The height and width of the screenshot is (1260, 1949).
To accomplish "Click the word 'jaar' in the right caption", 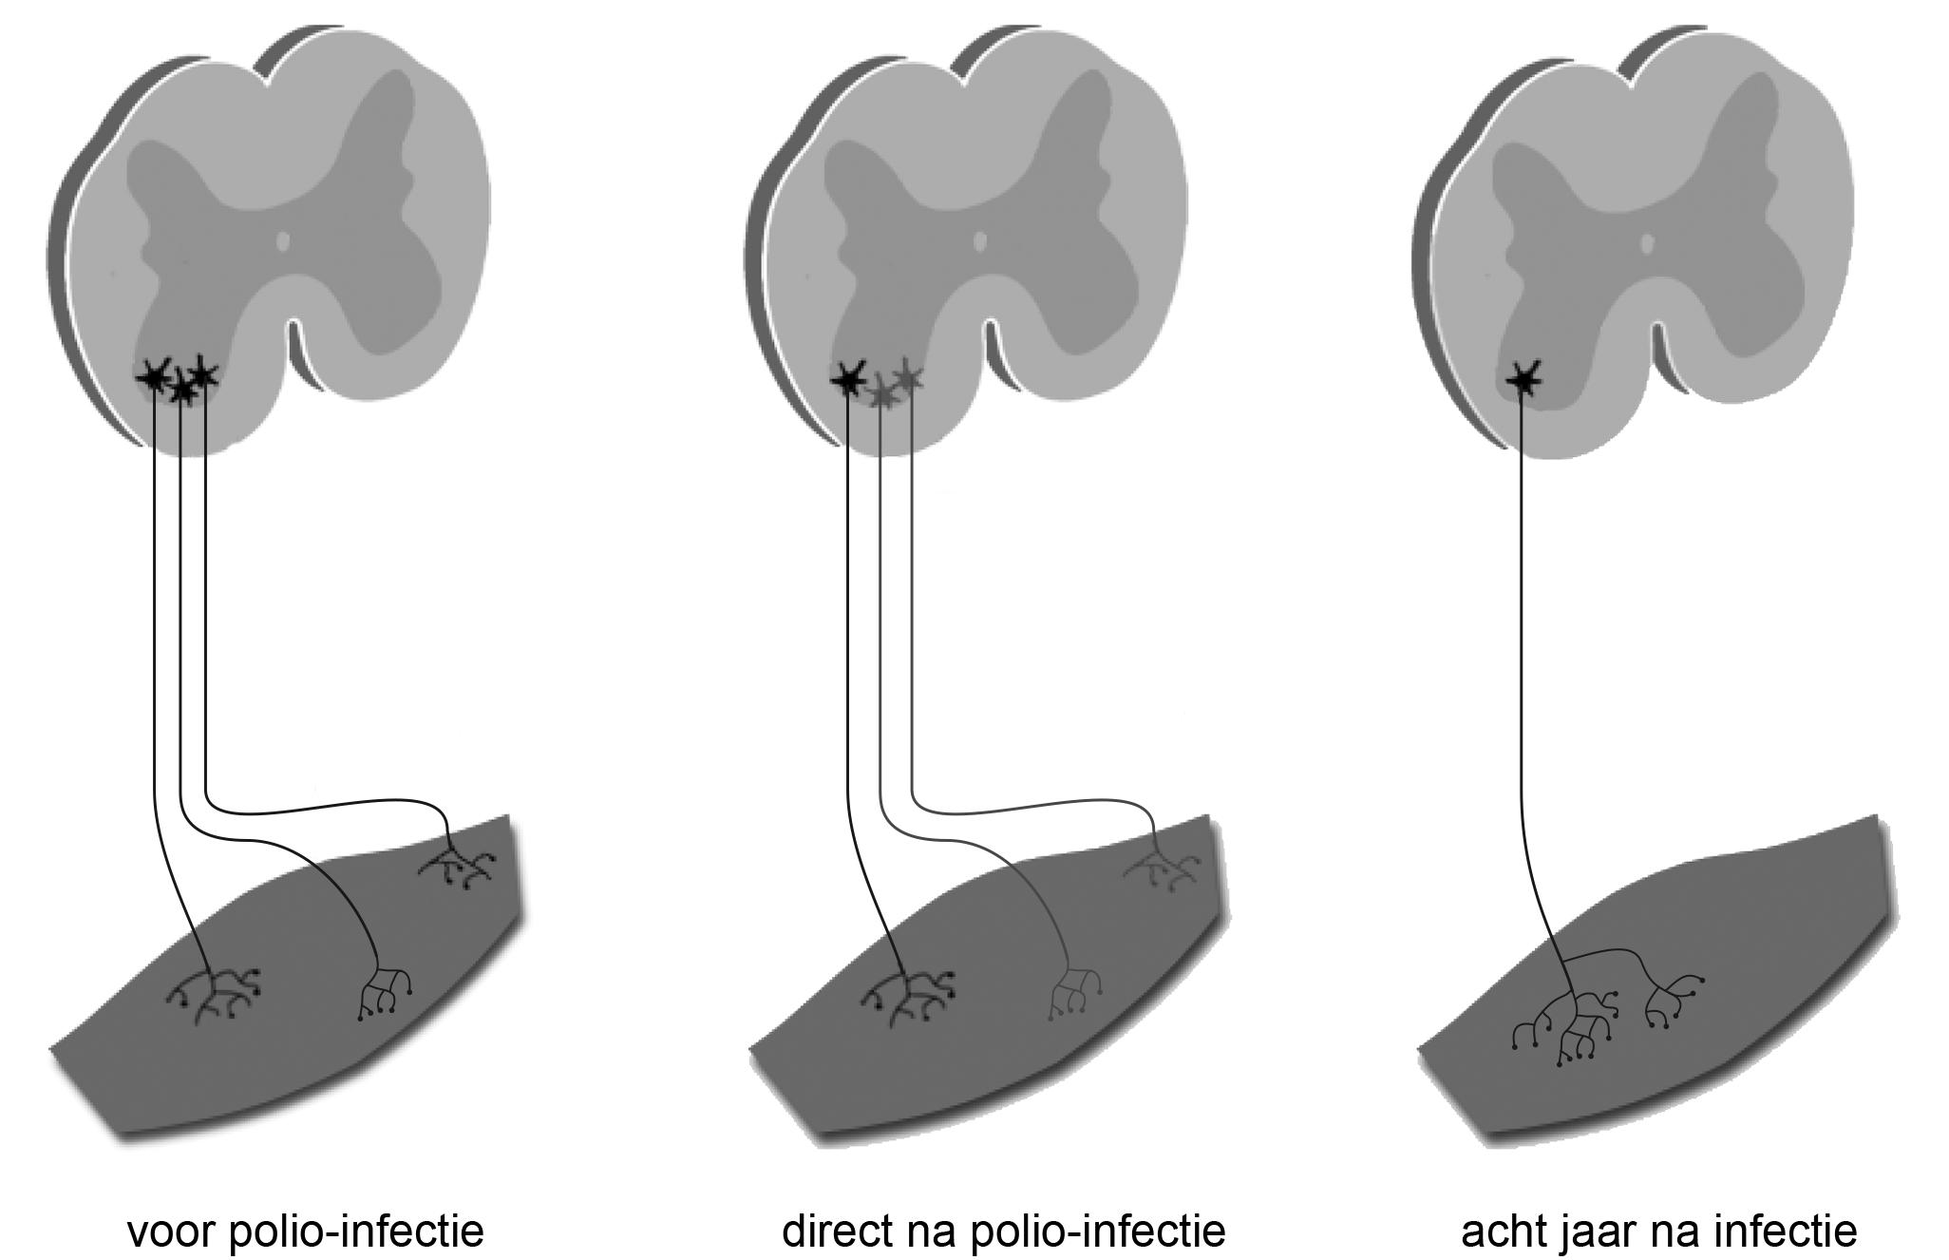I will (x=1598, y=1231).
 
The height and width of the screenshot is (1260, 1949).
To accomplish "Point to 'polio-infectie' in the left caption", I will (x=357, y=1231).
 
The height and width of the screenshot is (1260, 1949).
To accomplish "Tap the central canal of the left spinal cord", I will (x=282, y=241).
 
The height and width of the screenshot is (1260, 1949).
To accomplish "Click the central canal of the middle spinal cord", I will (x=980, y=241).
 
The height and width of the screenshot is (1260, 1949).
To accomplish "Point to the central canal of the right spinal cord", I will (x=1648, y=243).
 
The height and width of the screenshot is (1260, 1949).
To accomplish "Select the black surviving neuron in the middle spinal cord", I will (x=848, y=379).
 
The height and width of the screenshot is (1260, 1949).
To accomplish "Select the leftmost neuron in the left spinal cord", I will (x=153, y=377).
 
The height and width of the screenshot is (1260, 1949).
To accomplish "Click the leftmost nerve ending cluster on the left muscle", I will (x=214, y=994).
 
